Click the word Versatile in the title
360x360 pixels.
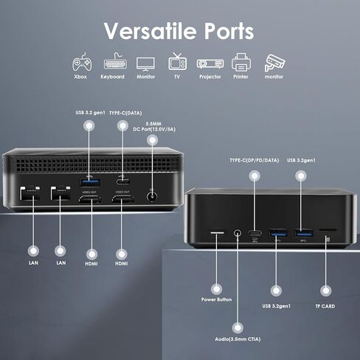(x=150, y=31)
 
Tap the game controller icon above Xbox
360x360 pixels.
(x=82, y=62)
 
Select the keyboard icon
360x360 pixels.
(x=115, y=62)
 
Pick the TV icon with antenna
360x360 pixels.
(x=177, y=61)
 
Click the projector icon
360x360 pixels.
(x=210, y=64)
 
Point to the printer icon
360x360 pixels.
(x=241, y=63)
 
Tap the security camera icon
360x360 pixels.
(x=274, y=63)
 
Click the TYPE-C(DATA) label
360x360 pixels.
(x=125, y=113)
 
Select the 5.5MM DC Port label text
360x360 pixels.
(x=154, y=126)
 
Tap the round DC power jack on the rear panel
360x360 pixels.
(x=152, y=197)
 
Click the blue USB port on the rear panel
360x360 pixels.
(x=90, y=183)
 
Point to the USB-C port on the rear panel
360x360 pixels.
(x=123, y=181)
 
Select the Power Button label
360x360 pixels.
(x=216, y=300)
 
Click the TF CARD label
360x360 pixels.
(x=325, y=306)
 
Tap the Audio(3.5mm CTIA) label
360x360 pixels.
(x=238, y=339)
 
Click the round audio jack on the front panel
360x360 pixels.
(x=237, y=233)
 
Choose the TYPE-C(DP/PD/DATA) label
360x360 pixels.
(x=255, y=160)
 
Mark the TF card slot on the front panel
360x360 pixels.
(x=328, y=230)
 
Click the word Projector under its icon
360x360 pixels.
(x=210, y=77)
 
